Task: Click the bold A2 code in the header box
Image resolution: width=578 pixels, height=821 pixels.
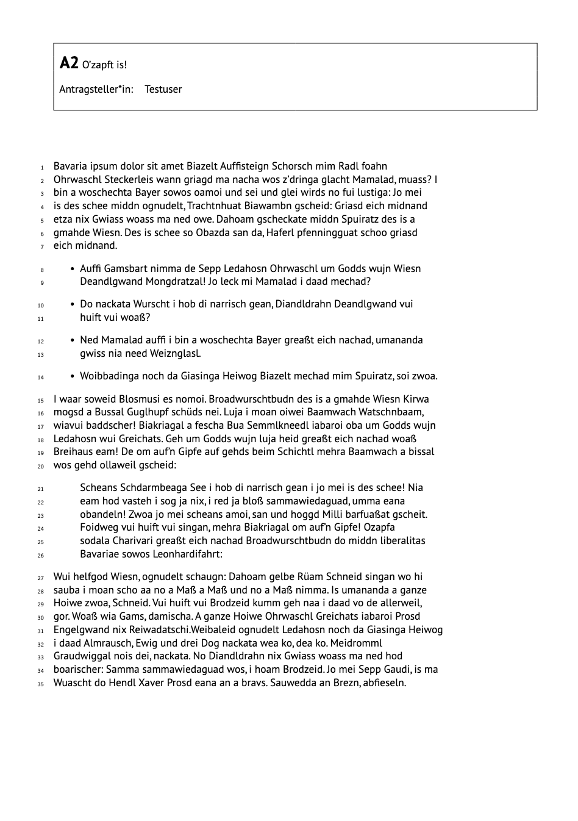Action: tap(69, 63)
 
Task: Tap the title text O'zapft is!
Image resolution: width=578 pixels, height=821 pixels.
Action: tap(104, 65)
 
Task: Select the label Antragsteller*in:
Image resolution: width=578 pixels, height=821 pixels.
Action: tap(96, 89)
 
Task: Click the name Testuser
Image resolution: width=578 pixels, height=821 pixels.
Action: tap(163, 89)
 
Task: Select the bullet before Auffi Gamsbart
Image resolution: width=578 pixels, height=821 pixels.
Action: tap(73, 268)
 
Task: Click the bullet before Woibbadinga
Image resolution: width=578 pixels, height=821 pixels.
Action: tap(73, 376)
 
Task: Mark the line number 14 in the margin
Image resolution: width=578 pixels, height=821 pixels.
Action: tap(41, 378)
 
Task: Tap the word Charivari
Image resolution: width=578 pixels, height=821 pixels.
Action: tap(138, 540)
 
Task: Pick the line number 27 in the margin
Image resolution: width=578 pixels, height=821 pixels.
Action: tap(41, 578)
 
